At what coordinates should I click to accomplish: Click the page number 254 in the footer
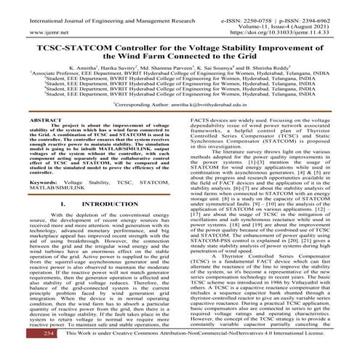[28, 351]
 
